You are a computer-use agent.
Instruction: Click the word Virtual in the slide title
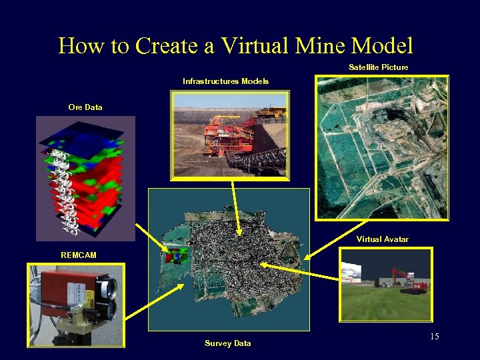coord(255,46)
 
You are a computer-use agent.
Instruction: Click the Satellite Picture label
coord(378,67)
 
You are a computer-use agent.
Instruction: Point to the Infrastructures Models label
coord(225,81)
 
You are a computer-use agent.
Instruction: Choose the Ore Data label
coord(85,107)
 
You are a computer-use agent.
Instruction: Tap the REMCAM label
coord(79,255)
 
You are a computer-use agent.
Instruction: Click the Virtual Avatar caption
coord(382,239)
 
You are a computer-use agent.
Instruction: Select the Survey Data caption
coord(227,343)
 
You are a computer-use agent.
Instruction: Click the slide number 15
coord(434,336)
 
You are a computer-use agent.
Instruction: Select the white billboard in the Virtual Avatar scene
coord(353,271)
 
